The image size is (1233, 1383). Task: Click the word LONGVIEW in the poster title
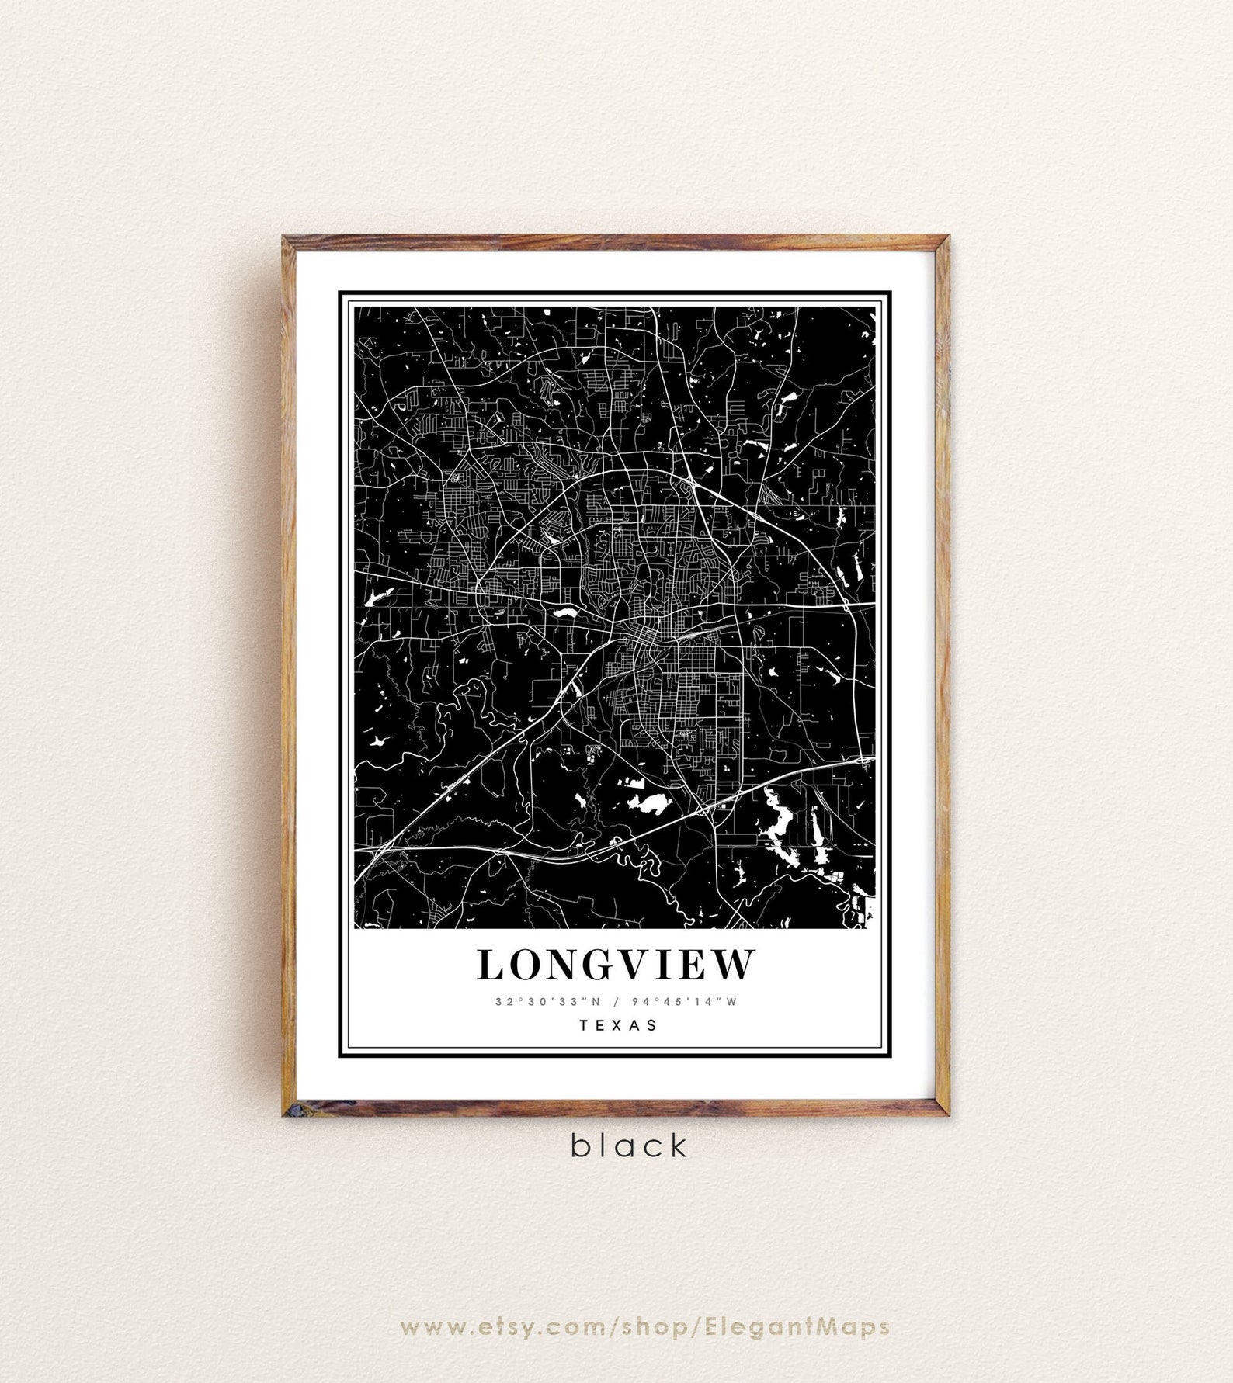(616, 965)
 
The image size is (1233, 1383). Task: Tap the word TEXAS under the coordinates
(619, 1025)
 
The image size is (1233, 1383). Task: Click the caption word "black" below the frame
(630, 1146)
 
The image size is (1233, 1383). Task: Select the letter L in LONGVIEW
(491, 965)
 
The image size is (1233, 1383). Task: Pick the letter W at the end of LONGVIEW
(735, 965)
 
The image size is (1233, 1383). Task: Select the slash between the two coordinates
(616, 1001)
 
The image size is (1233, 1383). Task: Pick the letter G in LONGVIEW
(594, 965)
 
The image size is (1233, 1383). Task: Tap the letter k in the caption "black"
(679, 1145)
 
